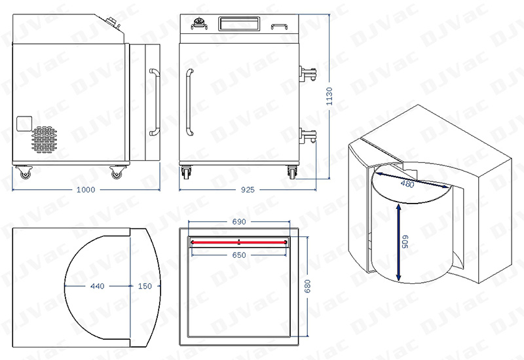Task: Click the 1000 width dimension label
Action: click(x=86, y=190)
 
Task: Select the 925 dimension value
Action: click(x=248, y=190)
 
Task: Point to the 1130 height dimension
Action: click(x=329, y=96)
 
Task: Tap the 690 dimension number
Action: click(x=239, y=222)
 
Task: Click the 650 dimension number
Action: click(x=239, y=255)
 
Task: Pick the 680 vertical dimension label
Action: click(x=307, y=286)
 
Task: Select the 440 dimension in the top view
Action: click(x=97, y=286)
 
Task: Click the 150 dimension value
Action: click(x=145, y=286)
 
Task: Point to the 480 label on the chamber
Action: click(x=407, y=183)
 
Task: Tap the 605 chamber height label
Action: click(x=405, y=242)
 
